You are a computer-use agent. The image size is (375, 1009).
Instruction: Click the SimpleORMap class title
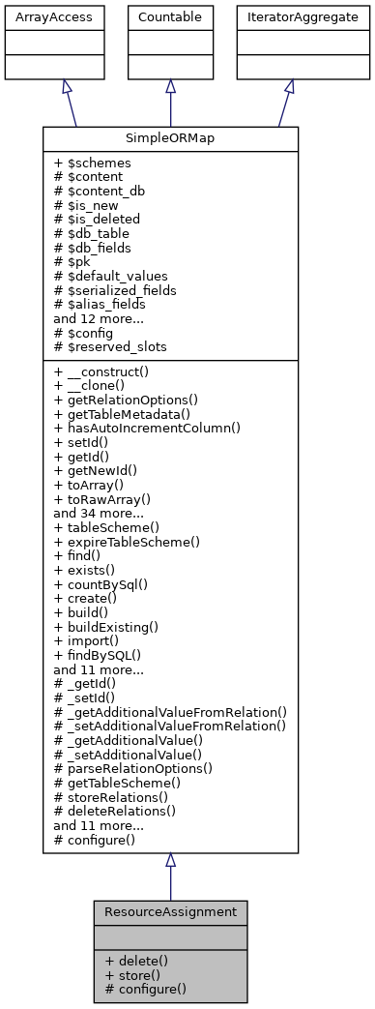170,138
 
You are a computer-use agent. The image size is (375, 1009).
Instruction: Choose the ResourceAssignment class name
170,911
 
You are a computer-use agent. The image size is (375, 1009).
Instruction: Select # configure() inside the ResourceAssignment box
145,990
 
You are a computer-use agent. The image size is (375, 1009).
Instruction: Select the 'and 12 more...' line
98,317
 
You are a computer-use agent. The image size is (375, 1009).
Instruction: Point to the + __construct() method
107,371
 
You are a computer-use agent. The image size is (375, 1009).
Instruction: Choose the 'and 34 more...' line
98,513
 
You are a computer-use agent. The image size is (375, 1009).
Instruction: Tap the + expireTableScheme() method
127,542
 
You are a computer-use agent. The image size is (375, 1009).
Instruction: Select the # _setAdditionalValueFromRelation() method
170,726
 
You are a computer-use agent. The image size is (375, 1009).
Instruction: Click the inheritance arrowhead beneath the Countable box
170,87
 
